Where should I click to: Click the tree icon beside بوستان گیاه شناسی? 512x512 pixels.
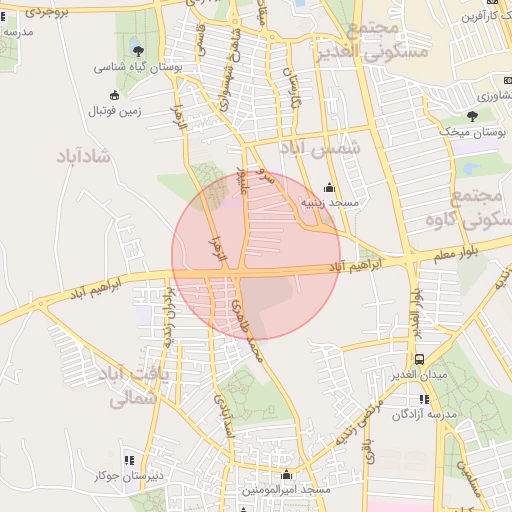coord(138,51)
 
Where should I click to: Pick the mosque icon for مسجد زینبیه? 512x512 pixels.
coord(329,187)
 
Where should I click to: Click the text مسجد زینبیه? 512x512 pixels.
coord(343,202)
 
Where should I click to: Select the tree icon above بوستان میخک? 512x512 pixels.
coord(472,116)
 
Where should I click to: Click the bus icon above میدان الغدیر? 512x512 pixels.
coord(418,358)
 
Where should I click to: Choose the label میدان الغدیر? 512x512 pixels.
coord(430,374)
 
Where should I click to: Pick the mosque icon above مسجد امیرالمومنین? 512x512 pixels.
coord(287,475)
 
